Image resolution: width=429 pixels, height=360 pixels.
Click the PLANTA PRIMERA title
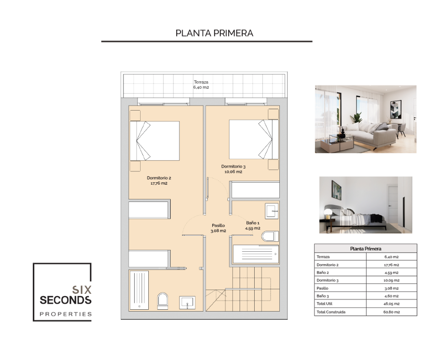[x=214, y=33]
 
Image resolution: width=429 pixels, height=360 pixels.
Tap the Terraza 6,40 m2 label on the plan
[x=201, y=85]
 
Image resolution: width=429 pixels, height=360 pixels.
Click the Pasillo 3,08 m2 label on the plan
[x=218, y=228]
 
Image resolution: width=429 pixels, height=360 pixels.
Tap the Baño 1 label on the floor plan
[x=253, y=223]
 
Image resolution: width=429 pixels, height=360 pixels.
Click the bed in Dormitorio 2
[x=155, y=141]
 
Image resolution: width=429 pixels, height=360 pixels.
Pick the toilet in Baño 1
[x=270, y=236]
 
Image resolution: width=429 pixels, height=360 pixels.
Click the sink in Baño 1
[x=272, y=211]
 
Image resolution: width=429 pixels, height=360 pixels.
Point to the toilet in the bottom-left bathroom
[x=162, y=302]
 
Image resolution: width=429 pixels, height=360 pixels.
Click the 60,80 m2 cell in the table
[x=392, y=312]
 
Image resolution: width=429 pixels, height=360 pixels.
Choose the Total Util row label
[x=324, y=303]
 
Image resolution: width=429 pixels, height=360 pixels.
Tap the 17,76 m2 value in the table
[x=392, y=265]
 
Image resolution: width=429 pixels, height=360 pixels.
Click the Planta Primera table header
[x=366, y=249]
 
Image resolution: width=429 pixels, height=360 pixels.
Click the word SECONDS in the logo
[x=66, y=300]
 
